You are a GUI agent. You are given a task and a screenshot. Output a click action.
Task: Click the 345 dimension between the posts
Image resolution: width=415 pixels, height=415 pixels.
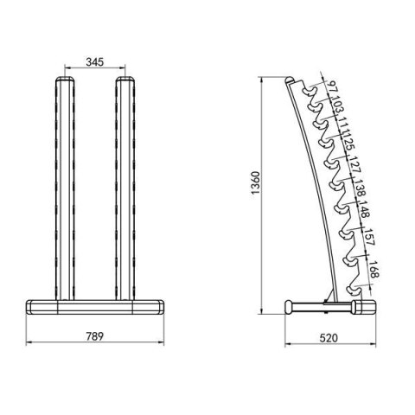96,62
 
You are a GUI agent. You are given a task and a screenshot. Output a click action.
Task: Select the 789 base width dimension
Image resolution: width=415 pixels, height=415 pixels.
95,335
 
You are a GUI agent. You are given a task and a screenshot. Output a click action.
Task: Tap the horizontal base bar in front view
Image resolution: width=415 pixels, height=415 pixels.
95,304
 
